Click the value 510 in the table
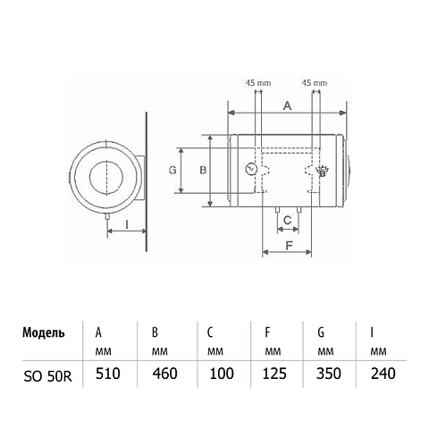point(108,374)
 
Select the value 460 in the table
point(164,374)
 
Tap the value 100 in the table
point(222,374)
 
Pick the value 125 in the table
point(274,374)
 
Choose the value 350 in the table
point(329,374)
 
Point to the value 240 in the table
point(383,374)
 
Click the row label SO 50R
point(47,377)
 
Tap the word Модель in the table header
point(44,332)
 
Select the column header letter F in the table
point(267,332)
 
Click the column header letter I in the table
point(372,332)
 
